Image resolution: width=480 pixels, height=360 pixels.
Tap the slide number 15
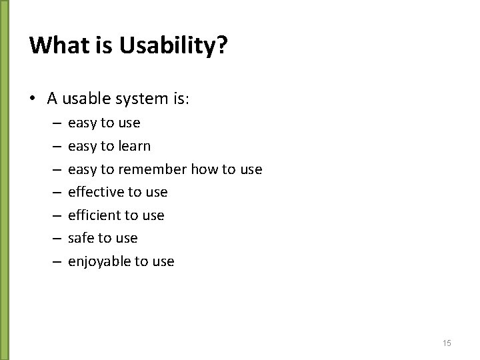447,343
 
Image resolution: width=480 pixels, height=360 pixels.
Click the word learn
133,146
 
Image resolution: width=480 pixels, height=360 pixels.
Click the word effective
96,192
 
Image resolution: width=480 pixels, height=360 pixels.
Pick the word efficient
94,215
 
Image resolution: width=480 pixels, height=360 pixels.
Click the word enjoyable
99,261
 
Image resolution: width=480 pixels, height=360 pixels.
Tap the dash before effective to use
55,193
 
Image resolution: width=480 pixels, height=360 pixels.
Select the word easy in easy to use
82,123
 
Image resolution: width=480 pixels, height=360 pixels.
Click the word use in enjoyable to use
163,261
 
